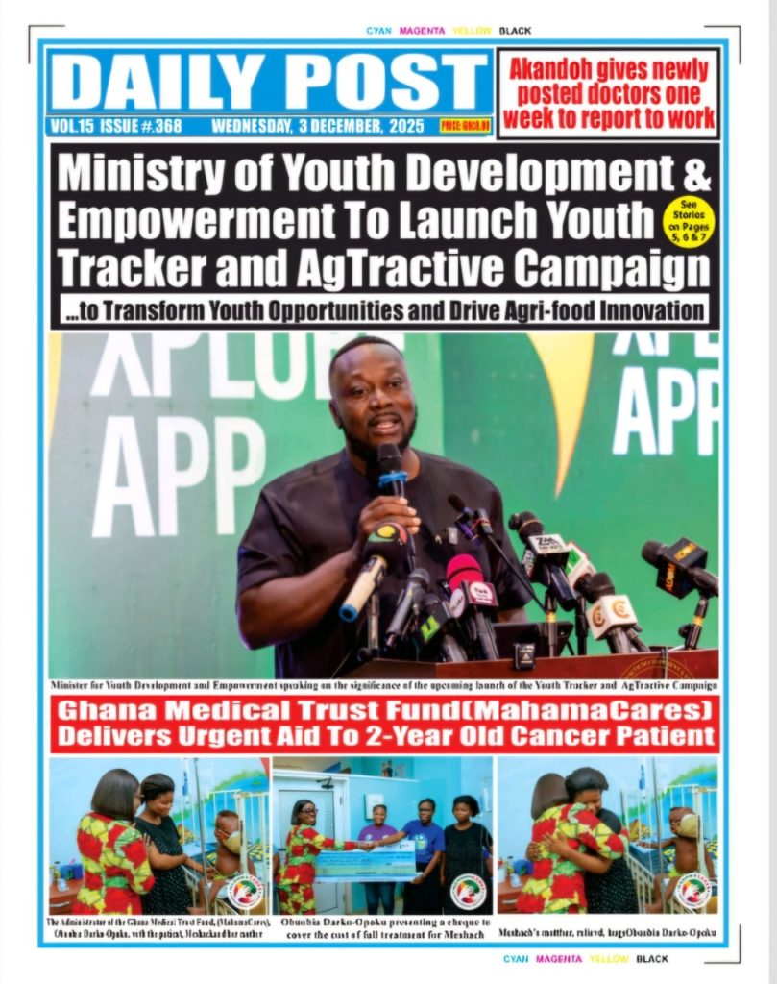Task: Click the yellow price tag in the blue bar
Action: pyautogui.click(x=465, y=126)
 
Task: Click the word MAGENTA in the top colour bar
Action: pyautogui.click(x=422, y=31)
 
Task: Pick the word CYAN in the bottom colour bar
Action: pyautogui.click(x=516, y=959)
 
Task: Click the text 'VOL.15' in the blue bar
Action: pyautogui.click(x=72, y=126)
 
